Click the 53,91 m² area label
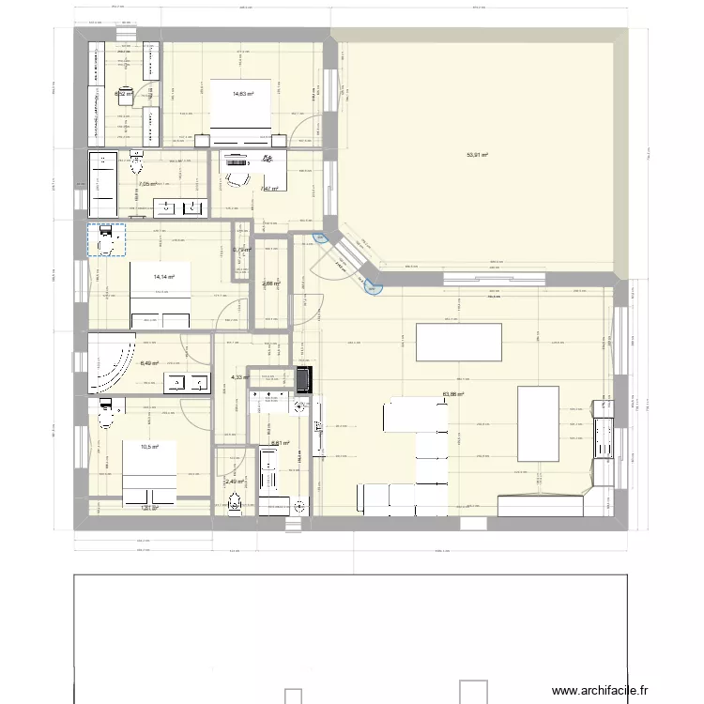(x=478, y=156)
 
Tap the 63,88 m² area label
(x=454, y=395)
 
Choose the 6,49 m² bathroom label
(x=149, y=363)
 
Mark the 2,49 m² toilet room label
(x=234, y=482)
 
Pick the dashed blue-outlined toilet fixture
(x=106, y=239)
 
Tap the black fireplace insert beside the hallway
(x=303, y=379)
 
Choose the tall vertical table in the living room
(x=539, y=422)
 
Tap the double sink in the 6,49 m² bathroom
(x=188, y=383)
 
